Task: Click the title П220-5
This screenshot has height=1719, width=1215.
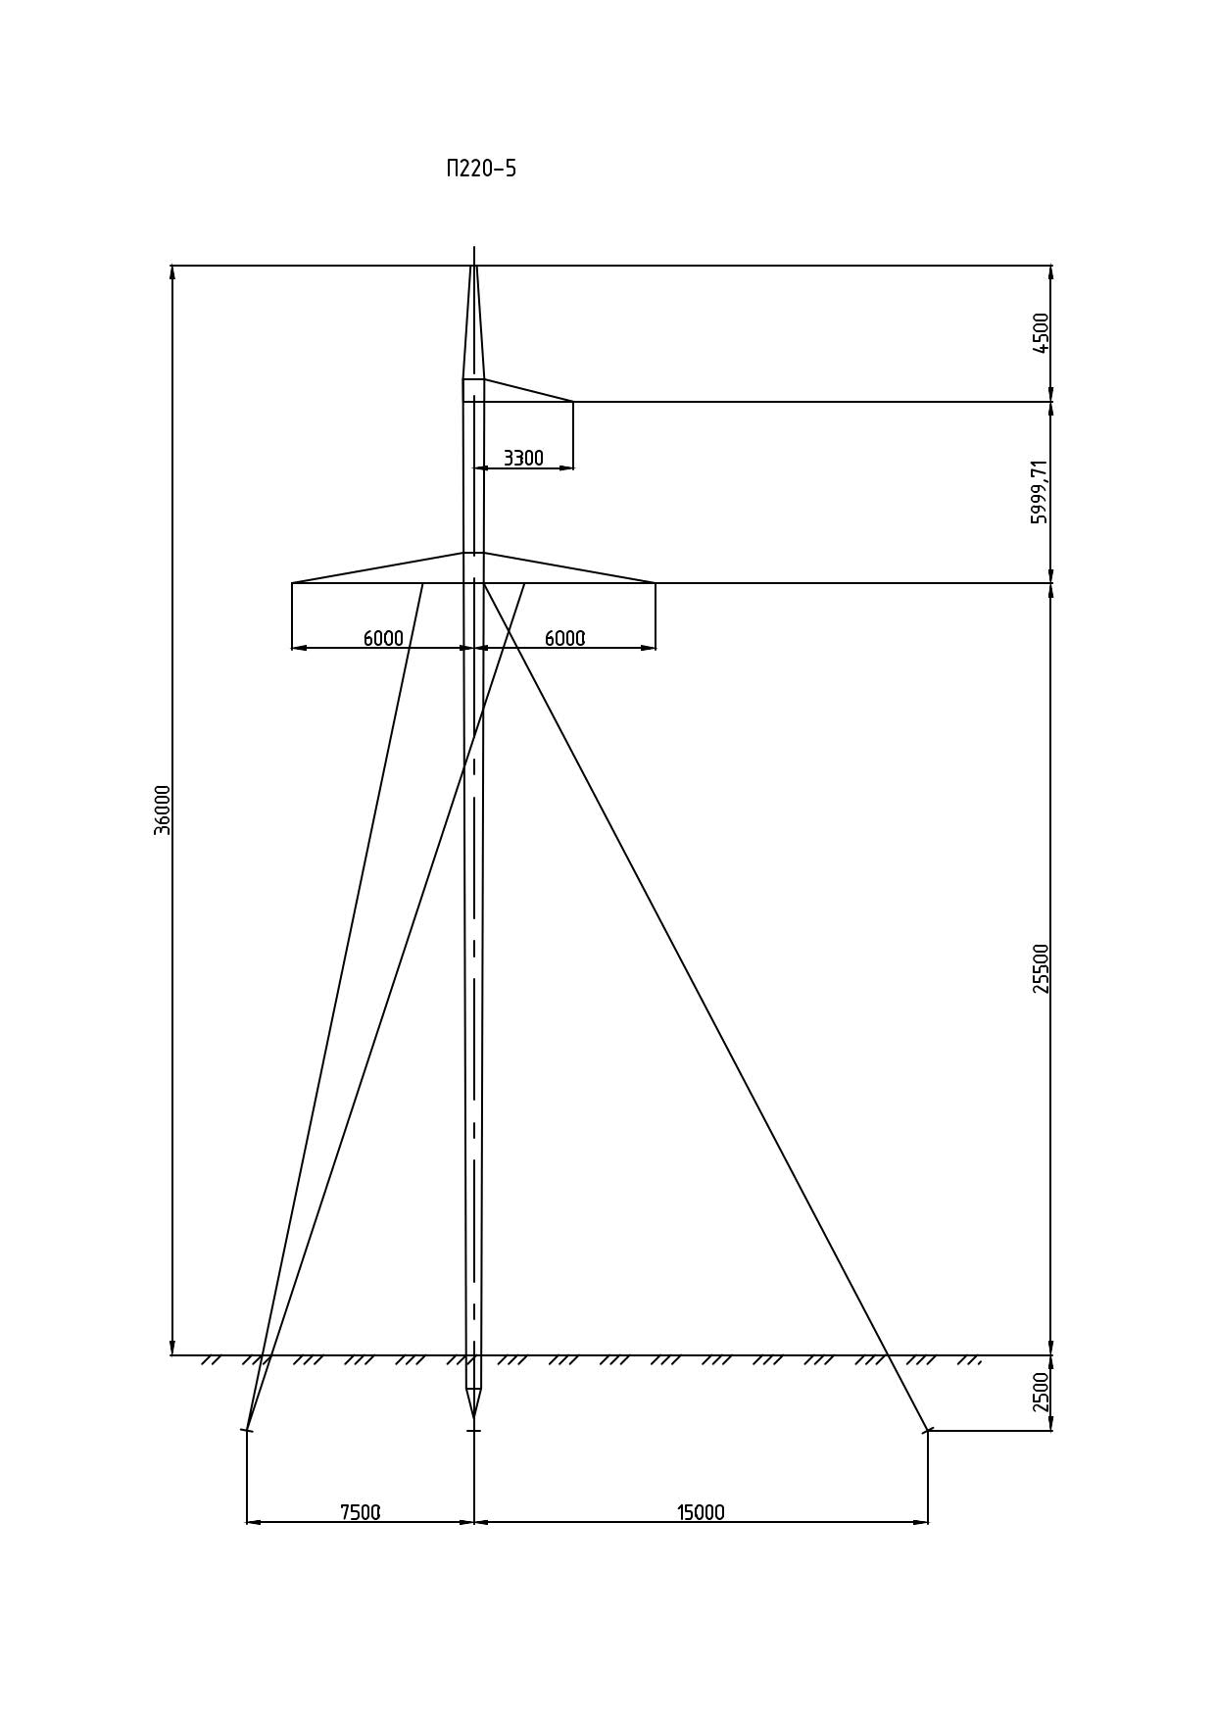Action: (481, 169)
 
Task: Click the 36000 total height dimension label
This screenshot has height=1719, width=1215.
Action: (163, 810)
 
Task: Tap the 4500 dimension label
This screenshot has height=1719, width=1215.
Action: (1041, 333)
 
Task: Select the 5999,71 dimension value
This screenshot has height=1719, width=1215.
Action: (1040, 491)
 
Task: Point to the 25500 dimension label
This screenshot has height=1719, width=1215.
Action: (1041, 968)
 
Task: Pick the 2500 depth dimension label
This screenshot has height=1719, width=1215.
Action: (1041, 1392)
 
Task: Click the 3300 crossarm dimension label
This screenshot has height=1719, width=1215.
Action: (523, 458)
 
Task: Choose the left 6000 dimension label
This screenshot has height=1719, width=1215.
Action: (383, 638)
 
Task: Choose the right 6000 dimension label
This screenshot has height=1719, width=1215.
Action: (564, 638)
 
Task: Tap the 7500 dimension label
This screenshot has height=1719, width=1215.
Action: (360, 1512)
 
